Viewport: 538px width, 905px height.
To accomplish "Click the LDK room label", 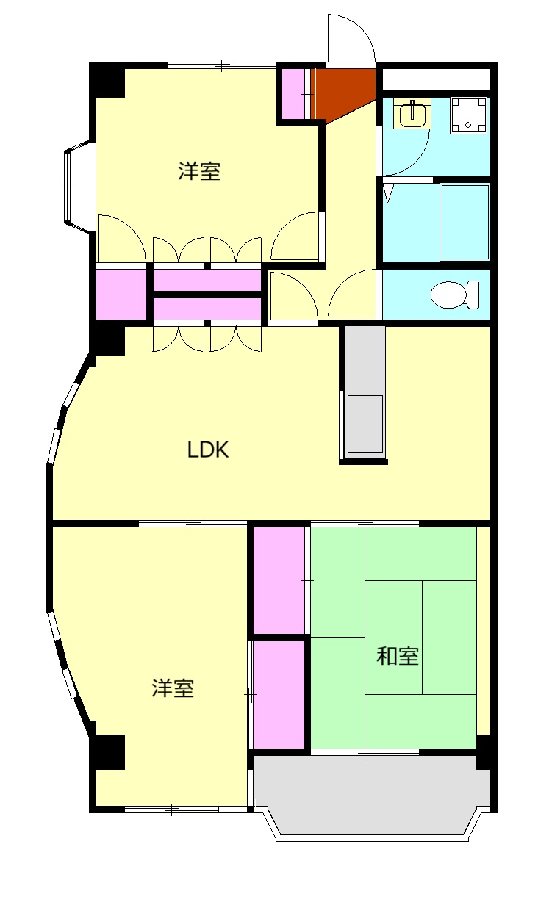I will tap(208, 450).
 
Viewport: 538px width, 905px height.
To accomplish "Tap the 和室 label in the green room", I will tap(398, 656).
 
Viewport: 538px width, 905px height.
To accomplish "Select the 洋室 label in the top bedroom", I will tap(199, 172).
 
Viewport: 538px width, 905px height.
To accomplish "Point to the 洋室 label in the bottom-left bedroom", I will tap(173, 689).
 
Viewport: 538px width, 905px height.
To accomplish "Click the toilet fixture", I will tap(453, 295).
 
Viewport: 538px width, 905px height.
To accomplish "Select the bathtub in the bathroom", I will tap(465, 222).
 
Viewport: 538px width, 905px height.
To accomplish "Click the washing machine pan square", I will tap(469, 115).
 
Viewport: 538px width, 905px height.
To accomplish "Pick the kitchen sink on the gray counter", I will tap(365, 424).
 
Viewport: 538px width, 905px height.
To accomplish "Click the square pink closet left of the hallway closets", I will tap(122, 295).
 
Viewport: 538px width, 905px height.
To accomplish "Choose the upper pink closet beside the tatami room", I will tap(279, 580).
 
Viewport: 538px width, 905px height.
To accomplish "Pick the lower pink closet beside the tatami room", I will tap(279, 695).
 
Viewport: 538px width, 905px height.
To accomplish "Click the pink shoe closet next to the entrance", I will tap(294, 93).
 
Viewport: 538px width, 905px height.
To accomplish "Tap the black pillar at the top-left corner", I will tap(107, 80).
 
